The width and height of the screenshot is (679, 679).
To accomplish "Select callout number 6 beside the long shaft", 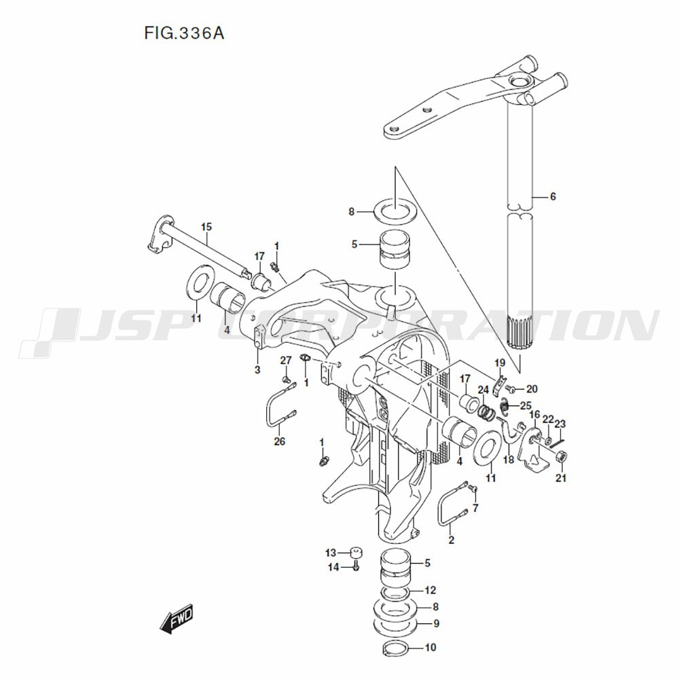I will (553, 197).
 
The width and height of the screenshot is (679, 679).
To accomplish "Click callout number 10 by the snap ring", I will (430, 648).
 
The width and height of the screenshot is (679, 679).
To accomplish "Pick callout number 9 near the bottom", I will (436, 623).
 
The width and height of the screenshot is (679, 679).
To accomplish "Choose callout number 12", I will (430, 590).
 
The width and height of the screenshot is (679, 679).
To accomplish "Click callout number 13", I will (331, 551).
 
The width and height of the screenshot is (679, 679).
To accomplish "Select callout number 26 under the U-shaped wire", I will (280, 441).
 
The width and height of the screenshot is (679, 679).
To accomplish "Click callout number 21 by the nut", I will (561, 478).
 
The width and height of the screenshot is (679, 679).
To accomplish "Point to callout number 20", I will (532, 389).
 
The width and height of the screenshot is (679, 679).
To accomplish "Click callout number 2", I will (451, 540).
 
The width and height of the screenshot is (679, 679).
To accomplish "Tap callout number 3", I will (257, 369).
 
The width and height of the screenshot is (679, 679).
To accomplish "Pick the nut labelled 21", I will (561, 457).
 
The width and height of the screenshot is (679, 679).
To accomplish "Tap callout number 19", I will (500, 363).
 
